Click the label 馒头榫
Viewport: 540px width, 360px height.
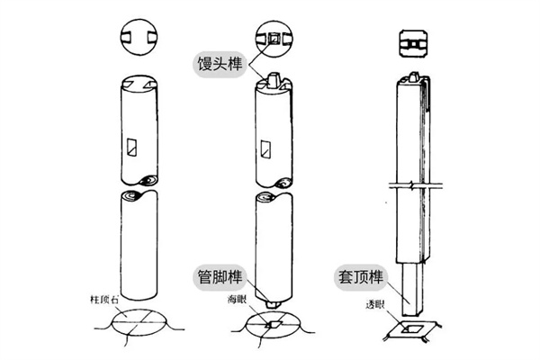221,64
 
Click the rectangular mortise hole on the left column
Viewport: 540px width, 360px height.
133,144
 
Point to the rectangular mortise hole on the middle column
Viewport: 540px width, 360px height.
266,147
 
